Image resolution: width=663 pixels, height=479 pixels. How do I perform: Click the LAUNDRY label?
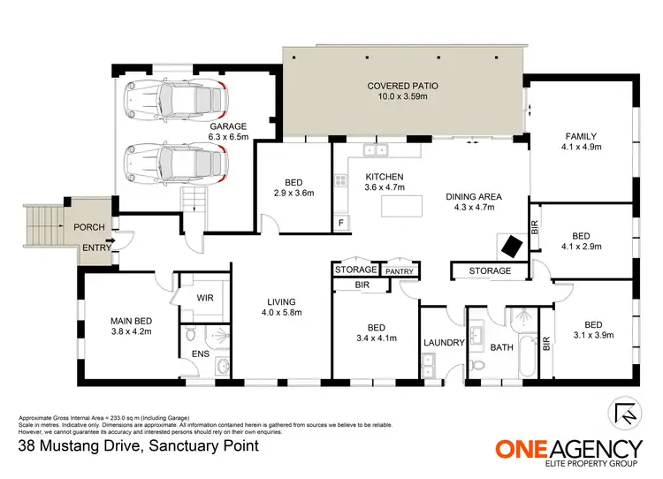441,341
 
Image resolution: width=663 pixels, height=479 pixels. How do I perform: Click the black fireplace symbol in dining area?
512,245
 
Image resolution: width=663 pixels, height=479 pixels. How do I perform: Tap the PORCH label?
89,227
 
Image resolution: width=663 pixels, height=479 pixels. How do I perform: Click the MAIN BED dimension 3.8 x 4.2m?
131,332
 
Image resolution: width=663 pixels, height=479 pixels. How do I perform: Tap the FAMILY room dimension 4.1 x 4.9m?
583,148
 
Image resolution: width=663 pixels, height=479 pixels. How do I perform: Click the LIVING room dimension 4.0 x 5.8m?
282,313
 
